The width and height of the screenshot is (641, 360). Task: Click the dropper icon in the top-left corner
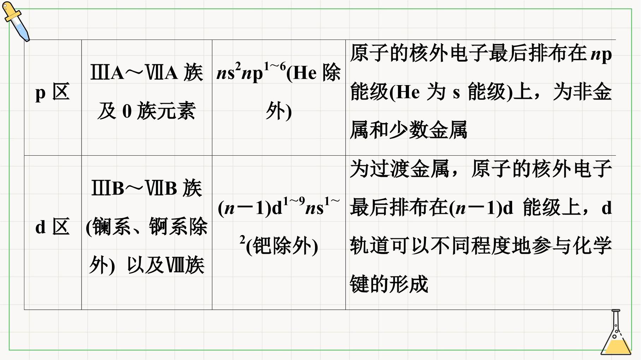coord(16,21)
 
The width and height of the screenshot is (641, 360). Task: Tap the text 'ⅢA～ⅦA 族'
coord(147,73)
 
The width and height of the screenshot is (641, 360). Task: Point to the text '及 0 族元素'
coord(147,111)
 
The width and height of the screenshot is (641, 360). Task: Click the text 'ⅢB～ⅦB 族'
coord(147,188)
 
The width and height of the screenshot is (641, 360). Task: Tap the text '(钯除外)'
coord(282,246)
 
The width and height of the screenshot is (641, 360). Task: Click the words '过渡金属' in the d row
coord(410,169)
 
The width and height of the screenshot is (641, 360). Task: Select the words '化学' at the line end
coord(592,246)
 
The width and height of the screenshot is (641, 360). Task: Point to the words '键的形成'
coord(389,284)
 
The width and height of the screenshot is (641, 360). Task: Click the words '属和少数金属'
coord(409,130)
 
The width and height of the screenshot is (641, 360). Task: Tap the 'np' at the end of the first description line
coord(601,55)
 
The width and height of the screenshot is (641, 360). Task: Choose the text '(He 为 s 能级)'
coord(451,92)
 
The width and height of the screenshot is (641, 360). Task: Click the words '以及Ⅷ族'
coord(166,265)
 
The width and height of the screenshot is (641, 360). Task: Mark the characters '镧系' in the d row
coord(112,227)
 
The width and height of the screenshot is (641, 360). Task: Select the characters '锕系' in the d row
coord(168,227)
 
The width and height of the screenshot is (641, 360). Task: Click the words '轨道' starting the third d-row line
coord(370,246)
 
